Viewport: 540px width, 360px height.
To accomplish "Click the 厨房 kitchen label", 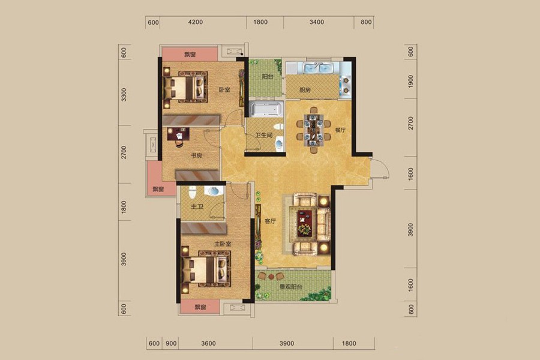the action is pos(305,90).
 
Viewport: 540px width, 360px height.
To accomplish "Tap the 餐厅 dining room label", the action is pos(340,130).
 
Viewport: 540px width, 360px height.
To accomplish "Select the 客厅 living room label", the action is pos(271,221).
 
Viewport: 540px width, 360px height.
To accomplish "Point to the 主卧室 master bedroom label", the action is pos(223,244).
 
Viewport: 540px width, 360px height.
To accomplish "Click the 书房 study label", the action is pos(196,156).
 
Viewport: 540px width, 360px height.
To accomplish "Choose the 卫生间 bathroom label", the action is pos(264,136).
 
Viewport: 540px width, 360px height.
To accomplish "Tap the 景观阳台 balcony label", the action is pos(291,287).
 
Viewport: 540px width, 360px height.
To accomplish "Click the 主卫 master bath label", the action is pos(197,206).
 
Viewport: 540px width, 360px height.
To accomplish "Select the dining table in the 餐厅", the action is pos(313,130).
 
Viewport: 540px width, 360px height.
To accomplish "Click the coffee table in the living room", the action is pos(304,223).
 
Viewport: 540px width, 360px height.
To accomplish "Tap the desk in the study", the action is pos(178,134).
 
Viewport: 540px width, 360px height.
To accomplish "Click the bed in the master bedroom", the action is pos(206,269).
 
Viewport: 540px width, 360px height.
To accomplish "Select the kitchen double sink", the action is pos(318,68).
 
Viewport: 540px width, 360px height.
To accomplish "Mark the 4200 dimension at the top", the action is pos(195,22).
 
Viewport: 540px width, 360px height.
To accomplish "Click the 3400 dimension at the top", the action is pos(316,22).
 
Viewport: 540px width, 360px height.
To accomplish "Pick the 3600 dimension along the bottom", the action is pos(208,343).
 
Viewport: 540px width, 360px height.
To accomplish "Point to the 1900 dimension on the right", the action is pos(410,82).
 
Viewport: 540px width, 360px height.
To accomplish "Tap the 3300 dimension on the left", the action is pos(124,95).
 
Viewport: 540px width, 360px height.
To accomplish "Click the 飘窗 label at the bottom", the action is pos(200,307).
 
